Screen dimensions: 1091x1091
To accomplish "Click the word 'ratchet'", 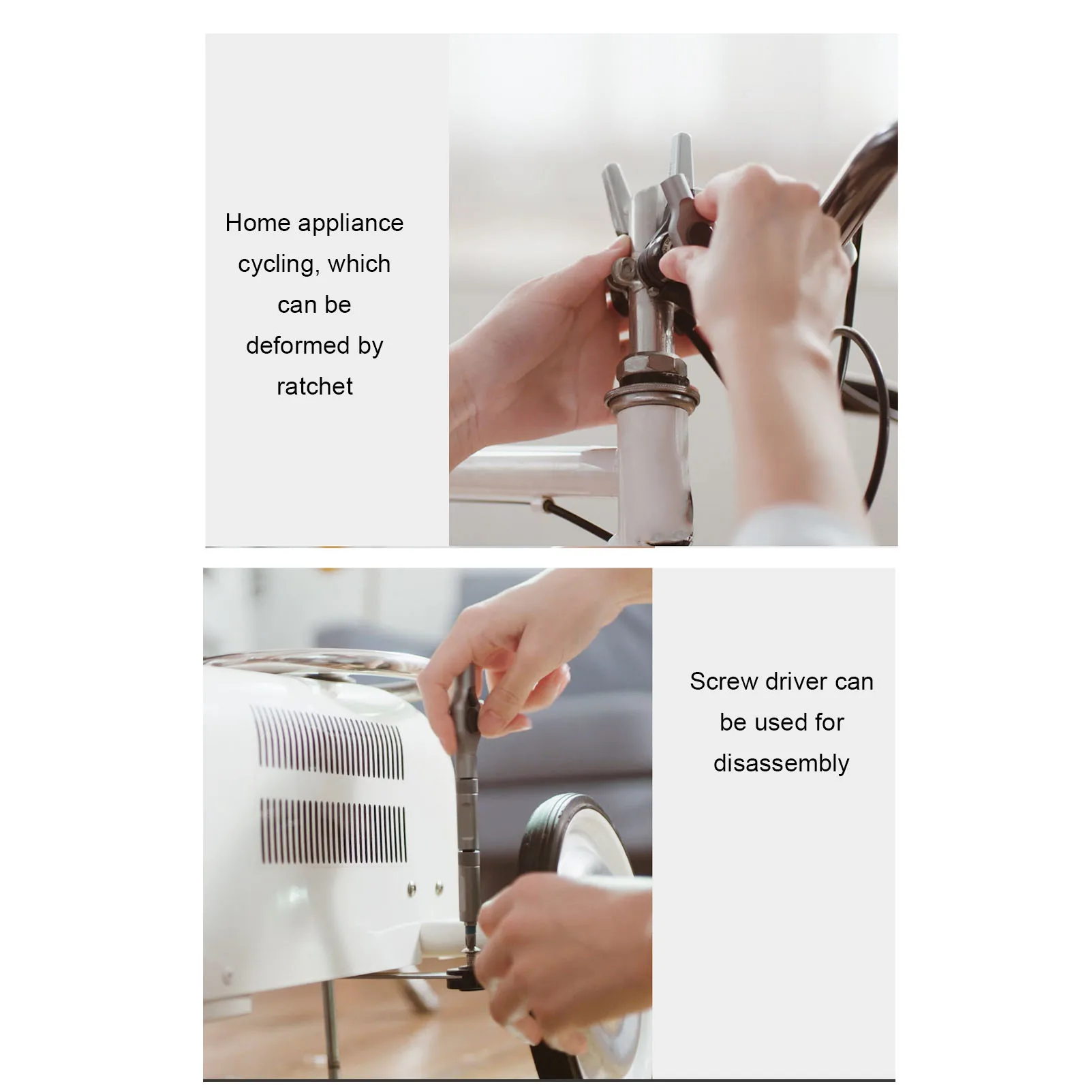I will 314,386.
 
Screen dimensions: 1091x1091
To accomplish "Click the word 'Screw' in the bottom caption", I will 722,681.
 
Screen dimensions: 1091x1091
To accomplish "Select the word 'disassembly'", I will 781,763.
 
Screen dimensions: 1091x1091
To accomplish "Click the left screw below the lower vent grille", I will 412,888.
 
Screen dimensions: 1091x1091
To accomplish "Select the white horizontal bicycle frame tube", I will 532,470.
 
